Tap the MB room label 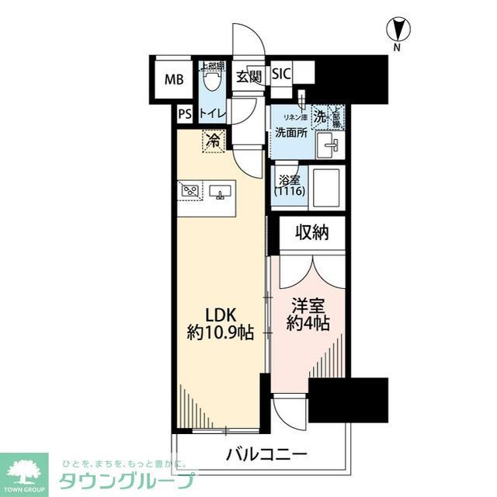(x=173, y=79)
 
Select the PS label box (x=184, y=113)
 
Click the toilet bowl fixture (x=210, y=78)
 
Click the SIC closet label (x=280, y=75)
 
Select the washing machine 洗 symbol (x=319, y=116)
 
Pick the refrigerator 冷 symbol (x=212, y=141)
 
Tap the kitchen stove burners (x=191, y=189)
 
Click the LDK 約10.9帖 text (x=218, y=323)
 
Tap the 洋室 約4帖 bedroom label (x=308, y=314)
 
